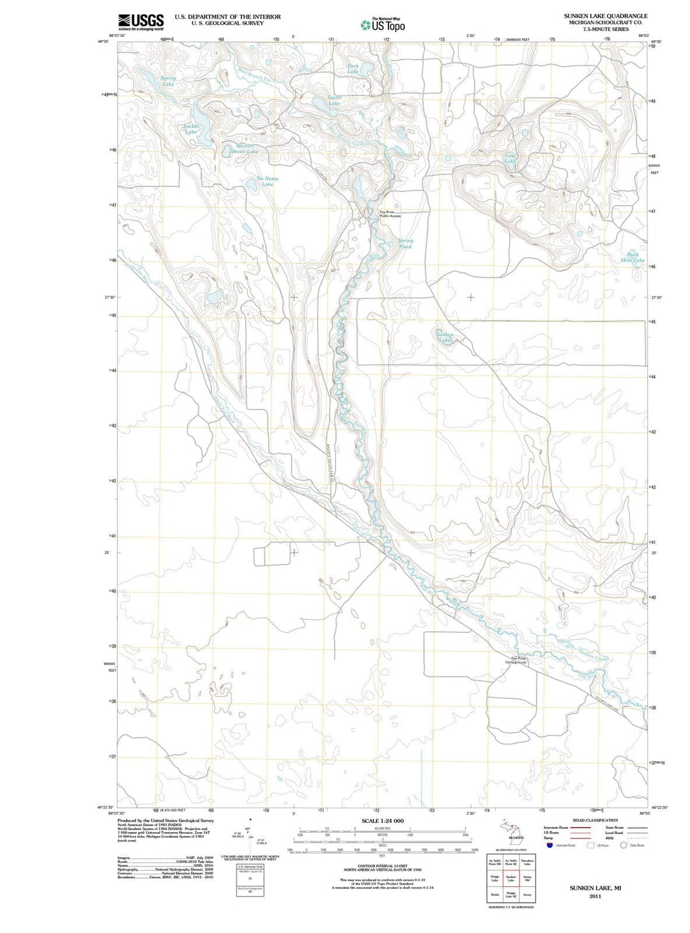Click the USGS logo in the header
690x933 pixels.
(x=141, y=22)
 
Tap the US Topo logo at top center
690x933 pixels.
(x=383, y=25)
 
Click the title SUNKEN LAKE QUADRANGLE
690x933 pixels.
(x=596, y=16)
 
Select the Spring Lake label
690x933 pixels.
(x=168, y=81)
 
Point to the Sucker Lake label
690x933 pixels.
(x=191, y=129)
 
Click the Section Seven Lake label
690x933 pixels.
(x=245, y=149)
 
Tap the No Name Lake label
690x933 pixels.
(x=268, y=181)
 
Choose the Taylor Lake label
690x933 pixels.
(x=334, y=100)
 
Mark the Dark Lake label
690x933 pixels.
(x=353, y=68)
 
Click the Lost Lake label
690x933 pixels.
(x=510, y=158)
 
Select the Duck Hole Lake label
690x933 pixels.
(x=632, y=257)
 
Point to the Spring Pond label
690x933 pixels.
(x=406, y=243)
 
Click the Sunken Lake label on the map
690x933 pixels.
(x=445, y=337)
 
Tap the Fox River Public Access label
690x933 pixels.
(x=390, y=214)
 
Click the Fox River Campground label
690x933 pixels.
(x=516, y=660)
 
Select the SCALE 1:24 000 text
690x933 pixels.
(x=383, y=821)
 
